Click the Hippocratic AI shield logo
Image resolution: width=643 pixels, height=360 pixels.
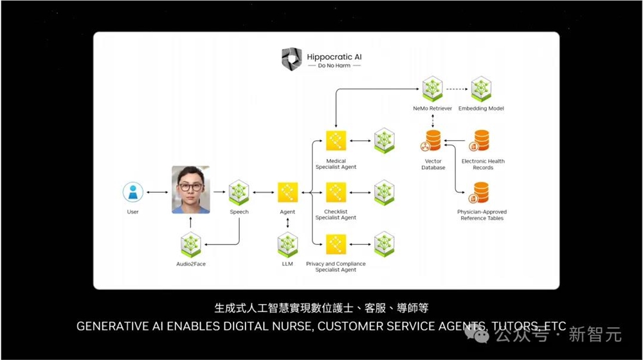point(291,59)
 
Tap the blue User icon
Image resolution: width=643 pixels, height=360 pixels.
point(132,192)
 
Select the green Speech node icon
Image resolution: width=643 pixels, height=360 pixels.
point(239,192)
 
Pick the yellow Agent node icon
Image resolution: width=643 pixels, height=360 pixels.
point(287,192)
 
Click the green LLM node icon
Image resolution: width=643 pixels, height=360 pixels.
point(287,245)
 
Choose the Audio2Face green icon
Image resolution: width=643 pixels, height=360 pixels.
point(191,245)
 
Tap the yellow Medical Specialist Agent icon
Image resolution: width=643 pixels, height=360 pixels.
point(336,140)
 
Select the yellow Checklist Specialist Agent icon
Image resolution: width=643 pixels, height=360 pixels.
point(336,192)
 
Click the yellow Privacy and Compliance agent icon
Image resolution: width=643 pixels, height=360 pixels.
point(336,245)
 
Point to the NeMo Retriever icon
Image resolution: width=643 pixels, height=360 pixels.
point(431,89)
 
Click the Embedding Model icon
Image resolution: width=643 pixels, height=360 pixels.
point(481,89)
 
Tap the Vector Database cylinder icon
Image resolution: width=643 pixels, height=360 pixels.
point(433,141)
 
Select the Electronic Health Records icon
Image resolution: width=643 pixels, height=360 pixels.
point(481,141)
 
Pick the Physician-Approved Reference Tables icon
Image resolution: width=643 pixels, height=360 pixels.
point(481,192)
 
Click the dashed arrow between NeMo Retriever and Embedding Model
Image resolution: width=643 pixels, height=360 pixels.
point(457,89)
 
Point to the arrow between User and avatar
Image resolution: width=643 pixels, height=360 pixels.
point(157,192)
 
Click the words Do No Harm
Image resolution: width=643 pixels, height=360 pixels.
point(334,66)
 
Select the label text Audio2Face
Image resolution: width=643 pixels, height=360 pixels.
point(191,264)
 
